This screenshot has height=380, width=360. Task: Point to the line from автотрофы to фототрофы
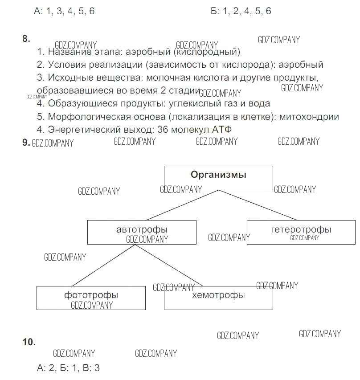(x=103, y=265)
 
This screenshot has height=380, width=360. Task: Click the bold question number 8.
(x=26, y=39)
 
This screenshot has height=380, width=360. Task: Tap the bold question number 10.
(x=29, y=342)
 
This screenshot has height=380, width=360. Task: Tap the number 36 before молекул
(x=163, y=130)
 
